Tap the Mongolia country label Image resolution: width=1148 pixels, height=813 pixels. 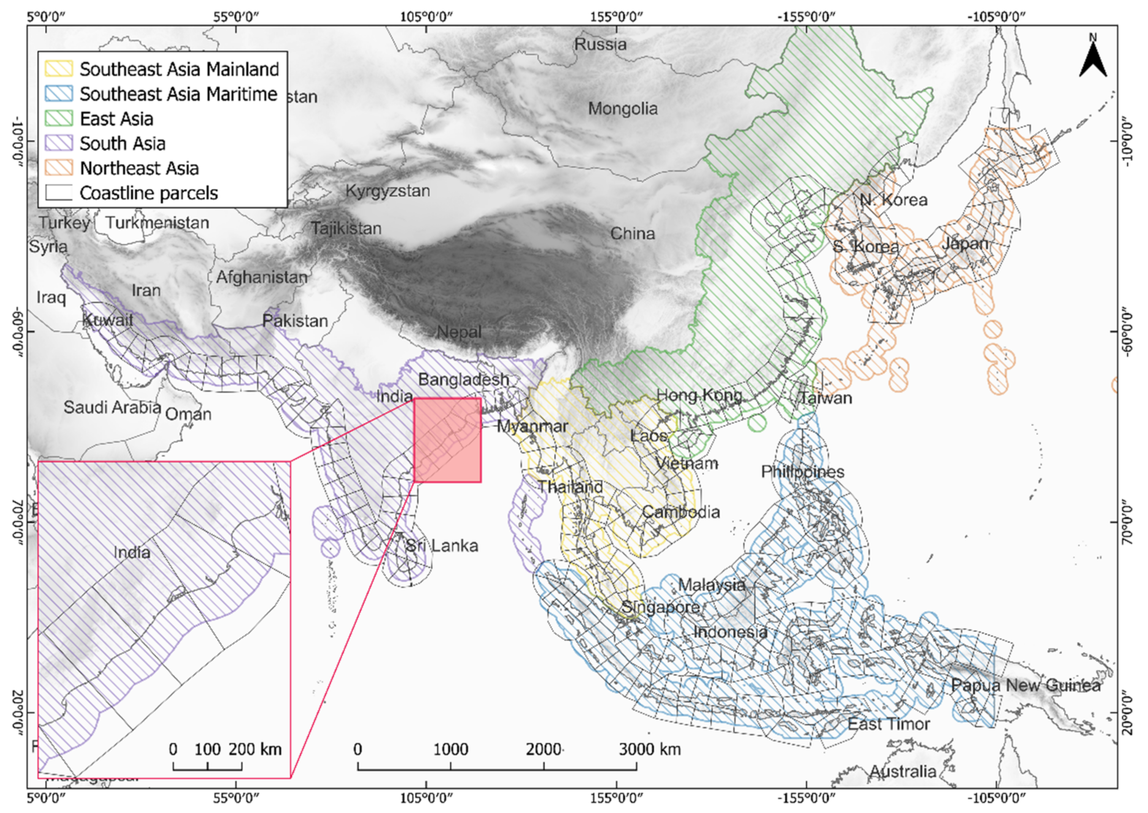(x=623, y=109)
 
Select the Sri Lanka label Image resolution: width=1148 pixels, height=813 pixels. (x=442, y=545)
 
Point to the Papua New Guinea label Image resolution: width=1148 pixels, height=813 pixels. (x=1025, y=685)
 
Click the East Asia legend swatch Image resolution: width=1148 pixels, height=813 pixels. (x=59, y=119)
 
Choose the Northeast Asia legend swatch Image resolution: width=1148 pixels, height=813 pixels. (x=59, y=168)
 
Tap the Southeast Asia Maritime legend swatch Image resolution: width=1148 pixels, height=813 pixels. (x=59, y=94)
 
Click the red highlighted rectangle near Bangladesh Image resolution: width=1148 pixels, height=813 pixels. (x=448, y=440)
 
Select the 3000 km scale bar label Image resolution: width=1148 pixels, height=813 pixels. (x=650, y=750)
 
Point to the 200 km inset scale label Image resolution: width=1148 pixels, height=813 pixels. (x=255, y=750)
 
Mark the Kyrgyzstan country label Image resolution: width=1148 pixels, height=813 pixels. (x=388, y=191)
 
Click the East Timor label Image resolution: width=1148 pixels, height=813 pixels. (x=888, y=724)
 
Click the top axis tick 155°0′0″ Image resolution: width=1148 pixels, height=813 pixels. (x=617, y=16)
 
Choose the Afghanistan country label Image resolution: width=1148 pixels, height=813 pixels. (x=261, y=277)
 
